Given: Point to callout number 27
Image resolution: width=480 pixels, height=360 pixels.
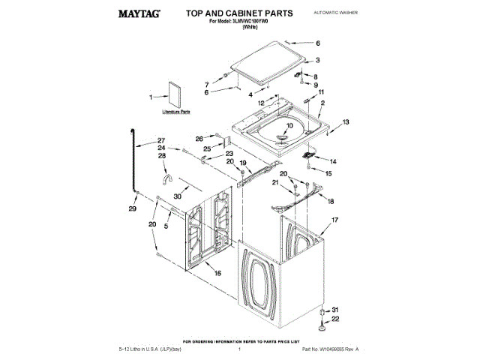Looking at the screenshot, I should [x=160, y=140].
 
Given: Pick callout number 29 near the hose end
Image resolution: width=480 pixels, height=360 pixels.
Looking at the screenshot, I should [x=132, y=209].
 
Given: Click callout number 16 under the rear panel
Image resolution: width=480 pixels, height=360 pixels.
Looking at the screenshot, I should [x=218, y=274].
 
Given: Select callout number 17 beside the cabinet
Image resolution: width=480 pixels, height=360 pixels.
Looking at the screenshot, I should [x=325, y=222].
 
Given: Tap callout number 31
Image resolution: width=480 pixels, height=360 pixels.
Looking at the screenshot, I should [x=335, y=310].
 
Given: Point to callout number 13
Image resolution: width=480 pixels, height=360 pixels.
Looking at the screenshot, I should [x=346, y=121].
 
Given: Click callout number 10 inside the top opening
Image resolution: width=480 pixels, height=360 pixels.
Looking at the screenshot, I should [x=289, y=125].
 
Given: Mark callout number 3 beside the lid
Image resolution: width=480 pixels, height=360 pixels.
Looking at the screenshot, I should [x=317, y=61].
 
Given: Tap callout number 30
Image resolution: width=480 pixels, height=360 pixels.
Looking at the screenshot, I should [x=177, y=196].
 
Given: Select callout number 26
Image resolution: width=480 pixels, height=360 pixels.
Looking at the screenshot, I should [x=199, y=138].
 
